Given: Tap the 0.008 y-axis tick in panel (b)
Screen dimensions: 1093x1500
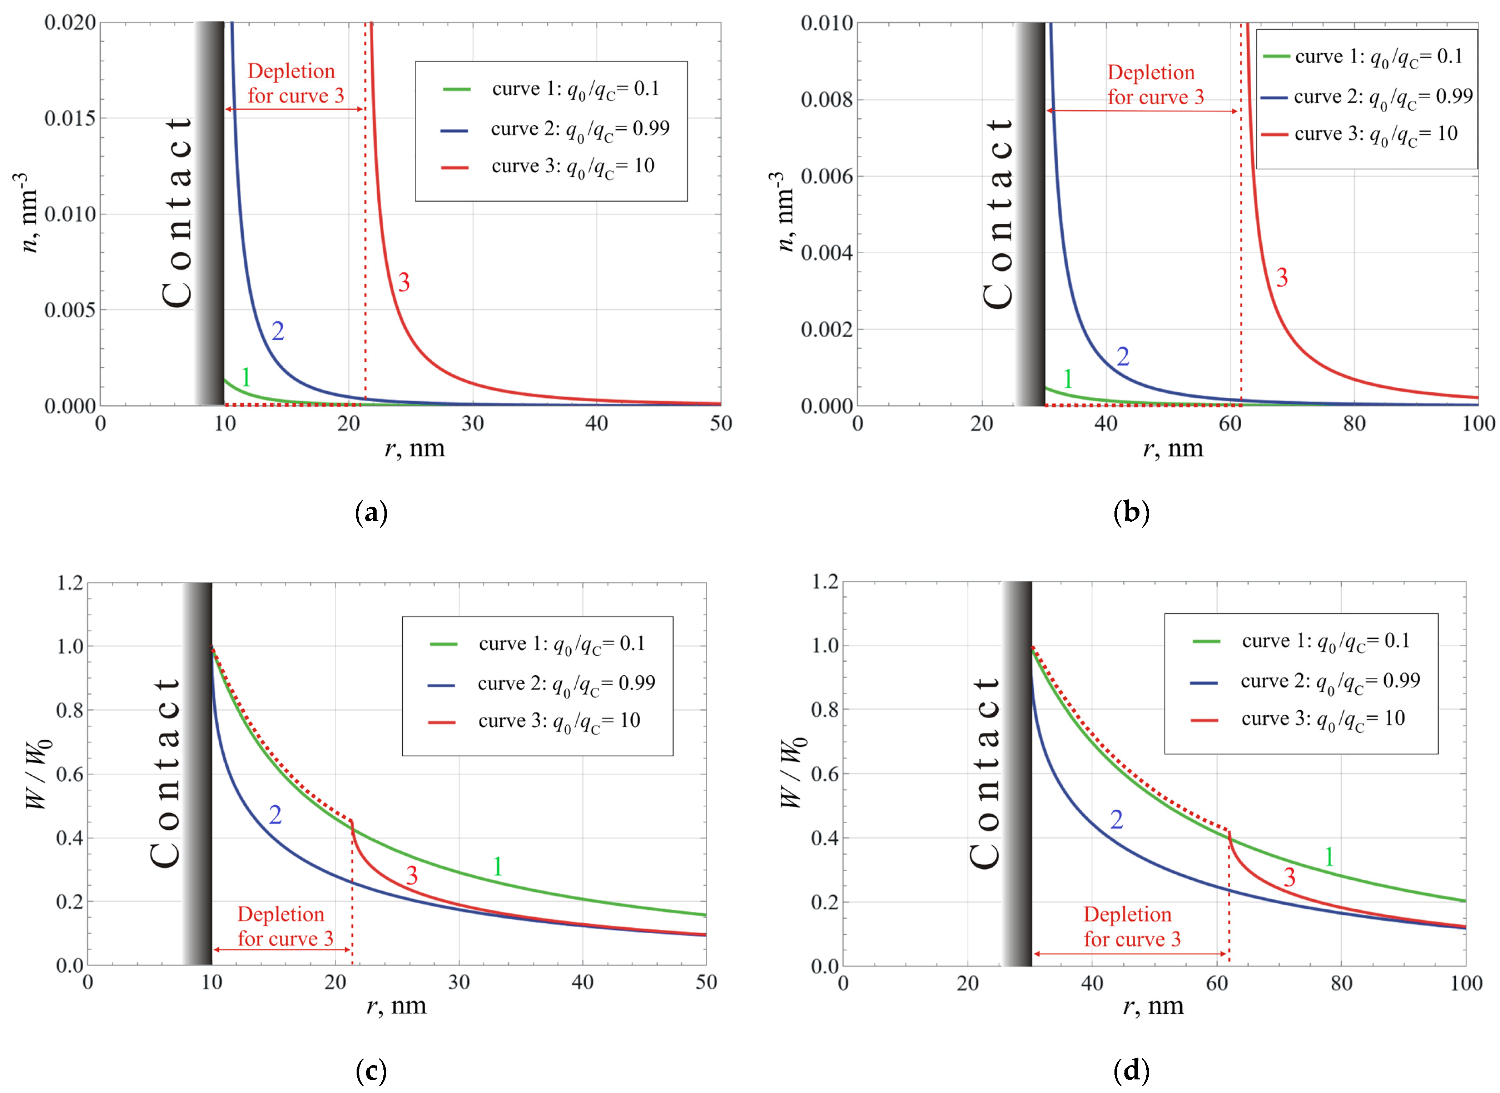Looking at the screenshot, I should click(x=826, y=100).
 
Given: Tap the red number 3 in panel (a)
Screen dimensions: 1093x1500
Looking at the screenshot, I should click(x=404, y=283).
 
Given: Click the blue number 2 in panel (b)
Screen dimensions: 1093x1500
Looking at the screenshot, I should click(x=1123, y=357).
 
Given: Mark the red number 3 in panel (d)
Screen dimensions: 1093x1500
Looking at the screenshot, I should click(x=1290, y=877).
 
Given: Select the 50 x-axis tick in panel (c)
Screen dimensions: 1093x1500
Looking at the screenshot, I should click(x=706, y=982).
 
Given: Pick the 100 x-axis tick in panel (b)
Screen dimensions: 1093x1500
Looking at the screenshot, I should click(x=1478, y=423).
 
